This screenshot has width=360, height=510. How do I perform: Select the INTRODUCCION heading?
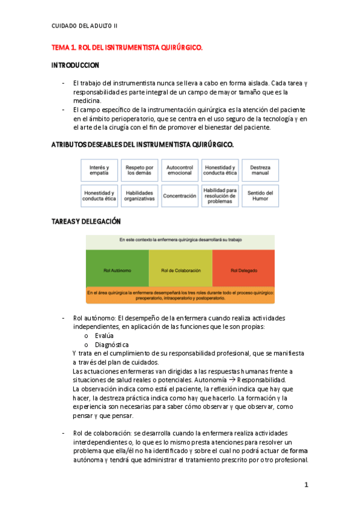pyautogui.click(x=75, y=65)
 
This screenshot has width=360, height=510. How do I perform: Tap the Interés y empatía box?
pyautogui.click(x=99, y=170)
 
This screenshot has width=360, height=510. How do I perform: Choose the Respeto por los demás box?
pyautogui.click(x=139, y=170)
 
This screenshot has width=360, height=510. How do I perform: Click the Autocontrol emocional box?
pyautogui.click(x=179, y=170)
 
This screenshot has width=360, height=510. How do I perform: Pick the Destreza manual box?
pyautogui.click(x=260, y=170)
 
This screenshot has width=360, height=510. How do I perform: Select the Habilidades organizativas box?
pyautogui.click(x=139, y=195)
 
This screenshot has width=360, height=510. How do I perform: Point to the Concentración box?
pyautogui.click(x=179, y=195)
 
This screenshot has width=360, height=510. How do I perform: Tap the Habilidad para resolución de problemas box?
pyautogui.click(x=219, y=195)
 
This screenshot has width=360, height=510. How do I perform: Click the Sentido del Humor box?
pyautogui.click(x=260, y=195)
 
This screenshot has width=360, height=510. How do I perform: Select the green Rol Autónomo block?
pyautogui.click(x=117, y=271)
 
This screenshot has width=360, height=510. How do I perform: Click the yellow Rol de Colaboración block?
pyautogui.click(x=180, y=271)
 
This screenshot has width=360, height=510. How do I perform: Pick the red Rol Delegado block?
pyautogui.click(x=243, y=271)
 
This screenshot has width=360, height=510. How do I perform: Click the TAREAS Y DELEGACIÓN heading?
pyautogui.click(x=86, y=221)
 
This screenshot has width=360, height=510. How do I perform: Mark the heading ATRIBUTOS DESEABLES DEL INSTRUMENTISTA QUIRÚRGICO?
pyautogui.click(x=142, y=145)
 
